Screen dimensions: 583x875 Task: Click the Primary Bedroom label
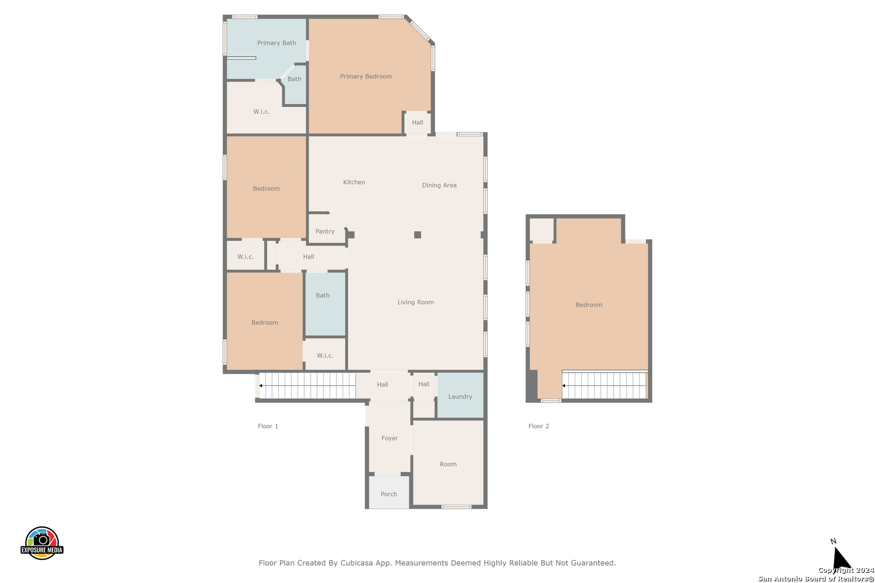click(x=366, y=77)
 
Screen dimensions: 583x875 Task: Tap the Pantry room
click(x=325, y=231)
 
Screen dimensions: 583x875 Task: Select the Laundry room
click(x=460, y=396)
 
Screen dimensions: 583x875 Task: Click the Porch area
click(x=389, y=493)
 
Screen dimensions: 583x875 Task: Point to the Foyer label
click(x=389, y=438)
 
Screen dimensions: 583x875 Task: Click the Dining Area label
click(x=439, y=185)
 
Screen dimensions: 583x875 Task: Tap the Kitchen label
click(x=354, y=182)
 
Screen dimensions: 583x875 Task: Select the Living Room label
click(x=415, y=302)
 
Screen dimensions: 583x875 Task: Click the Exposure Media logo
click(x=42, y=543)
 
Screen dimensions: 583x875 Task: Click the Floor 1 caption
click(x=268, y=426)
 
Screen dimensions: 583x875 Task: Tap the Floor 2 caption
click(x=539, y=426)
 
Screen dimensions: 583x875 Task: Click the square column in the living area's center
click(x=418, y=235)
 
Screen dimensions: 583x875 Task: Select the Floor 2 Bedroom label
click(x=589, y=305)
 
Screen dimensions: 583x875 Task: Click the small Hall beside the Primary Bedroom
click(x=418, y=123)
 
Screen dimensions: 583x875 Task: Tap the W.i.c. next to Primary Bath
click(x=261, y=112)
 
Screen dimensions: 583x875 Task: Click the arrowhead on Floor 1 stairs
click(x=261, y=385)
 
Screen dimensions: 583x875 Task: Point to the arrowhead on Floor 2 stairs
click(x=564, y=385)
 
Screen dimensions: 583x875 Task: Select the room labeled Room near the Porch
click(x=448, y=464)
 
